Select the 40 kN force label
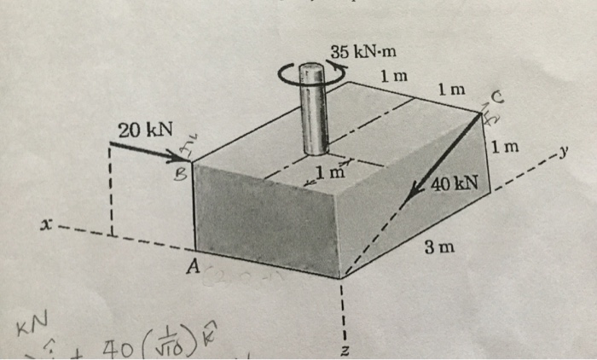pyautogui.click(x=455, y=184)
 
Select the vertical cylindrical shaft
pyautogui.click(x=313, y=112)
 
